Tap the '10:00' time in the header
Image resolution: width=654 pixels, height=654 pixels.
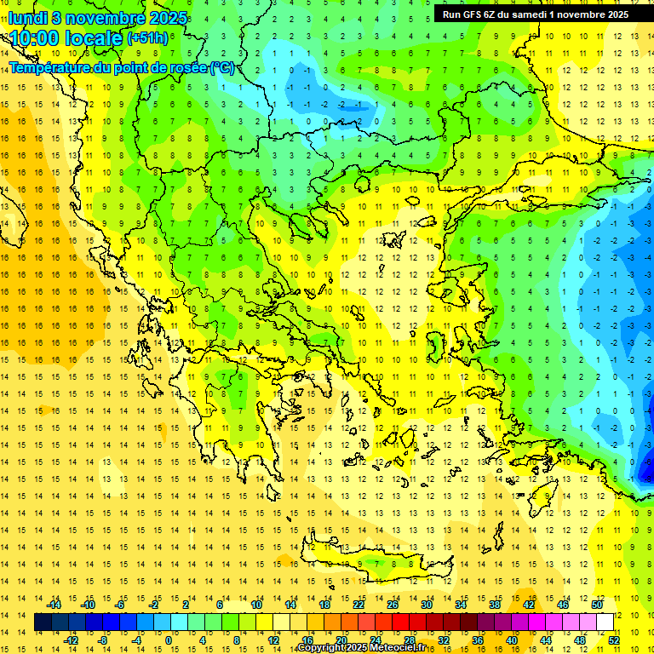[x=34, y=39]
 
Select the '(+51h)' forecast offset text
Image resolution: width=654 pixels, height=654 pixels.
[x=147, y=38]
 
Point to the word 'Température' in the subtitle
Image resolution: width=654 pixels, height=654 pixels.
[x=49, y=68]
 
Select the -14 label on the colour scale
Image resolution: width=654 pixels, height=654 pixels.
[x=55, y=605]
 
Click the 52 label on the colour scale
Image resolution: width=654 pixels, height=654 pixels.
[x=614, y=640]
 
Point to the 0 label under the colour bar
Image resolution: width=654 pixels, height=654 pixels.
[x=169, y=640]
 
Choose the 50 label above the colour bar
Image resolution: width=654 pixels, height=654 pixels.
[x=597, y=605]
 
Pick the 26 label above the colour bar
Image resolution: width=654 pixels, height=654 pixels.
[x=393, y=605]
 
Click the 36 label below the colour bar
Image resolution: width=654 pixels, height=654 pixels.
[x=477, y=640]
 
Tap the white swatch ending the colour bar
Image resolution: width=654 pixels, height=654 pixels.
[x=605, y=622]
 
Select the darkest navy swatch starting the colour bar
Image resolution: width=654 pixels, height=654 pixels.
[x=43, y=622]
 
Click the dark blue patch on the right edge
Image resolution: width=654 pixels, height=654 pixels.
[x=645, y=467]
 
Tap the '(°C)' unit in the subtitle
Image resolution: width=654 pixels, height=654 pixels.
[x=223, y=68]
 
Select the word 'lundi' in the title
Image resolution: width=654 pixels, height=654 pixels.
[x=27, y=18]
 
